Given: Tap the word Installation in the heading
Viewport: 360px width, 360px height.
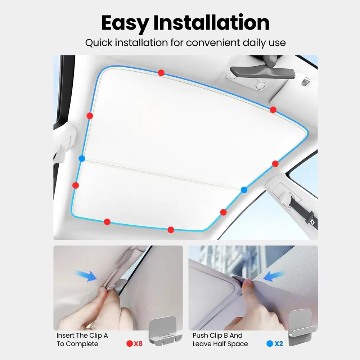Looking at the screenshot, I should (x=211, y=23).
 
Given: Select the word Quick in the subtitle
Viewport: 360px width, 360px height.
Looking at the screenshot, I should (x=99, y=43).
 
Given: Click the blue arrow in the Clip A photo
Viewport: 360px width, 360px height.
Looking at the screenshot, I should (x=86, y=276).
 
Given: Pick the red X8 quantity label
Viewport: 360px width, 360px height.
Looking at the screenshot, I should (x=138, y=343).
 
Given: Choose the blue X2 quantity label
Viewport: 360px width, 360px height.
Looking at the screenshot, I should (x=279, y=343).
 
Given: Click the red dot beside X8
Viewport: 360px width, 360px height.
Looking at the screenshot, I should (x=130, y=343).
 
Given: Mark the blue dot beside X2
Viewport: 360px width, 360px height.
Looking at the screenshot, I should (x=270, y=343).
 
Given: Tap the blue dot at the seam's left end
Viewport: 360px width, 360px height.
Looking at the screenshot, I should (x=82, y=158).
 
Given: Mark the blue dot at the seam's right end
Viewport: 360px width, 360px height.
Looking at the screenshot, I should (x=244, y=190).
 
